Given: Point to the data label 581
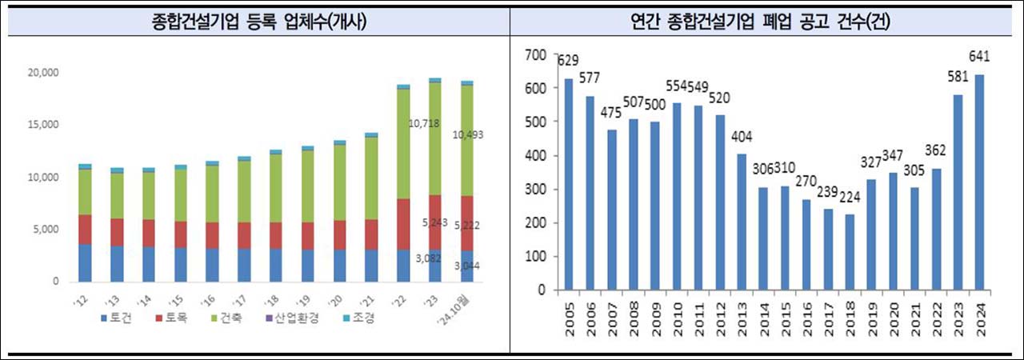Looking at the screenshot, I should pyautogui.click(x=958, y=77).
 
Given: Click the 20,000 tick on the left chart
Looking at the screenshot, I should pyautogui.click(x=43, y=73).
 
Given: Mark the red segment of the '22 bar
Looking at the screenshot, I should pyautogui.click(x=403, y=224).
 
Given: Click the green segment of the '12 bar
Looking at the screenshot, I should pyautogui.click(x=85, y=192).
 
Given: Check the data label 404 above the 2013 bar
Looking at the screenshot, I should pyautogui.click(x=742, y=137).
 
